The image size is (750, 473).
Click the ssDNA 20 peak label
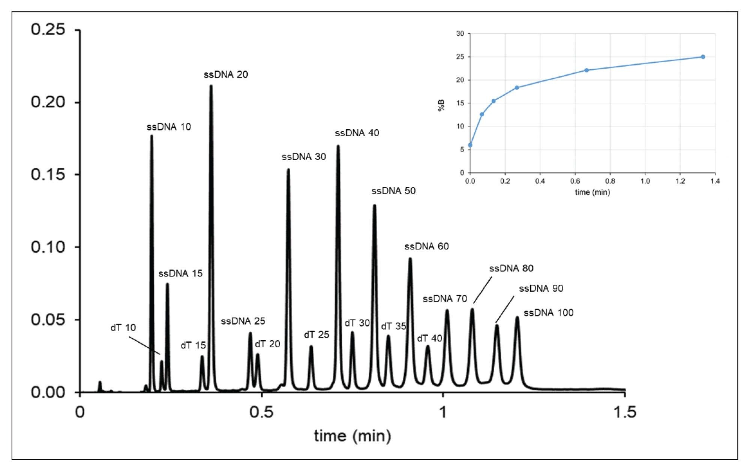click(x=226, y=75)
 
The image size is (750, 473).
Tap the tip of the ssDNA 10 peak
click(x=151, y=136)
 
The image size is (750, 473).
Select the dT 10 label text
click(x=123, y=328)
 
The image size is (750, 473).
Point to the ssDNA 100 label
click(x=548, y=313)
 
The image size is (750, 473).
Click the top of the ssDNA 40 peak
click(x=338, y=146)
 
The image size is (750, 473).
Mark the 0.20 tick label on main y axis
click(x=48, y=102)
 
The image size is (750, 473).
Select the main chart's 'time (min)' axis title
click(x=352, y=436)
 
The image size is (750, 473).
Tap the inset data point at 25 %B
click(x=703, y=57)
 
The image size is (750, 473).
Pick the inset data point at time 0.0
click(x=470, y=145)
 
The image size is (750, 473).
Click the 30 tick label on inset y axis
click(x=460, y=34)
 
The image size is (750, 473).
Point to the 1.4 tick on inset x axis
click(x=715, y=181)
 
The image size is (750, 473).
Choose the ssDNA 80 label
click(x=511, y=269)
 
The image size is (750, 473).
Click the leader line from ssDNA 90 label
click(x=505, y=309)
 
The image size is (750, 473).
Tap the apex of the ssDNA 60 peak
click(x=410, y=259)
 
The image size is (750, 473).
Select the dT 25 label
click(x=316, y=335)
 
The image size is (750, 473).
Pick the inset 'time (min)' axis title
click(x=592, y=192)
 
